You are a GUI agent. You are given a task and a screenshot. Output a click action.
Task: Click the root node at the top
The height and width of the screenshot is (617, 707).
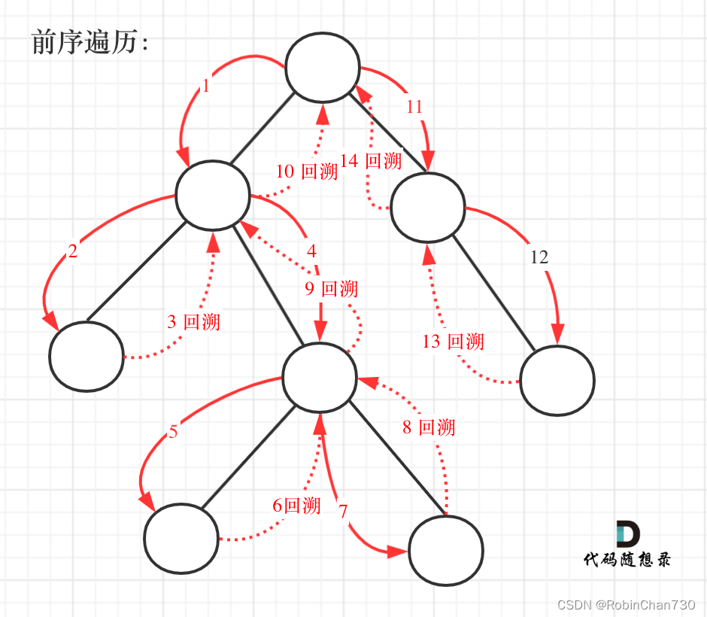[x=321, y=68]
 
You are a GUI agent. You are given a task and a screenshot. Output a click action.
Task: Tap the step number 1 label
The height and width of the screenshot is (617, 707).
[x=206, y=87]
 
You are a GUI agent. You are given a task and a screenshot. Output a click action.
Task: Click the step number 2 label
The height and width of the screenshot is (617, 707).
[x=73, y=252]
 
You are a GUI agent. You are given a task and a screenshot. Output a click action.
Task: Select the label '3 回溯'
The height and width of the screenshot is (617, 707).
[x=193, y=322]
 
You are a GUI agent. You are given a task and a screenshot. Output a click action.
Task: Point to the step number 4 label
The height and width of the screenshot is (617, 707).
[x=311, y=250]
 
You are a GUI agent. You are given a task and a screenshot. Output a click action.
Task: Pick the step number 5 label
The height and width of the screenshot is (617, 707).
[x=173, y=432]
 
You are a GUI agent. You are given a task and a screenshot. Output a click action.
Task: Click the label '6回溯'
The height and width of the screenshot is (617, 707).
[x=296, y=506]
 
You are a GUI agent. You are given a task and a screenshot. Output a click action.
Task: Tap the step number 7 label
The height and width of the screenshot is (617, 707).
[x=343, y=512]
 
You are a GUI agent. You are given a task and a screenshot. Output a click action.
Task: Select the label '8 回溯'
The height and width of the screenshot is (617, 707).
[x=429, y=428]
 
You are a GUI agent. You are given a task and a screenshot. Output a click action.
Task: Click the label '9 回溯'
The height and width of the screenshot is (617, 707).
[x=332, y=289]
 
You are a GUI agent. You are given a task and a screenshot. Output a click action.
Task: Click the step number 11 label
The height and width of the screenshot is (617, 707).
[x=414, y=107]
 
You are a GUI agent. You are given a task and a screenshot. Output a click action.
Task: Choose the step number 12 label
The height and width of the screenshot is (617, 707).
[x=539, y=257]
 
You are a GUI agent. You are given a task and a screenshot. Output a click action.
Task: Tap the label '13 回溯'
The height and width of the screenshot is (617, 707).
[x=453, y=342]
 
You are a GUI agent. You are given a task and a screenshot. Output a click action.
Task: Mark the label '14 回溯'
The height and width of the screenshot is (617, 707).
[x=371, y=161]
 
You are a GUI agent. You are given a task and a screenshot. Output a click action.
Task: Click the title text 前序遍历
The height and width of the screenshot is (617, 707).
[x=90, y=43]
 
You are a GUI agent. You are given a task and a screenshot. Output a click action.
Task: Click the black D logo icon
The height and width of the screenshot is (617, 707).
[x=627, y=533]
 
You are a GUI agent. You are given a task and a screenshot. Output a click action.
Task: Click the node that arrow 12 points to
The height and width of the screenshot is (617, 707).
[x=557, y=381]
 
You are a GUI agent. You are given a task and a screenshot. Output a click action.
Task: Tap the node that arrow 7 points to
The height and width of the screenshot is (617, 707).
[x=446, y=550]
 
